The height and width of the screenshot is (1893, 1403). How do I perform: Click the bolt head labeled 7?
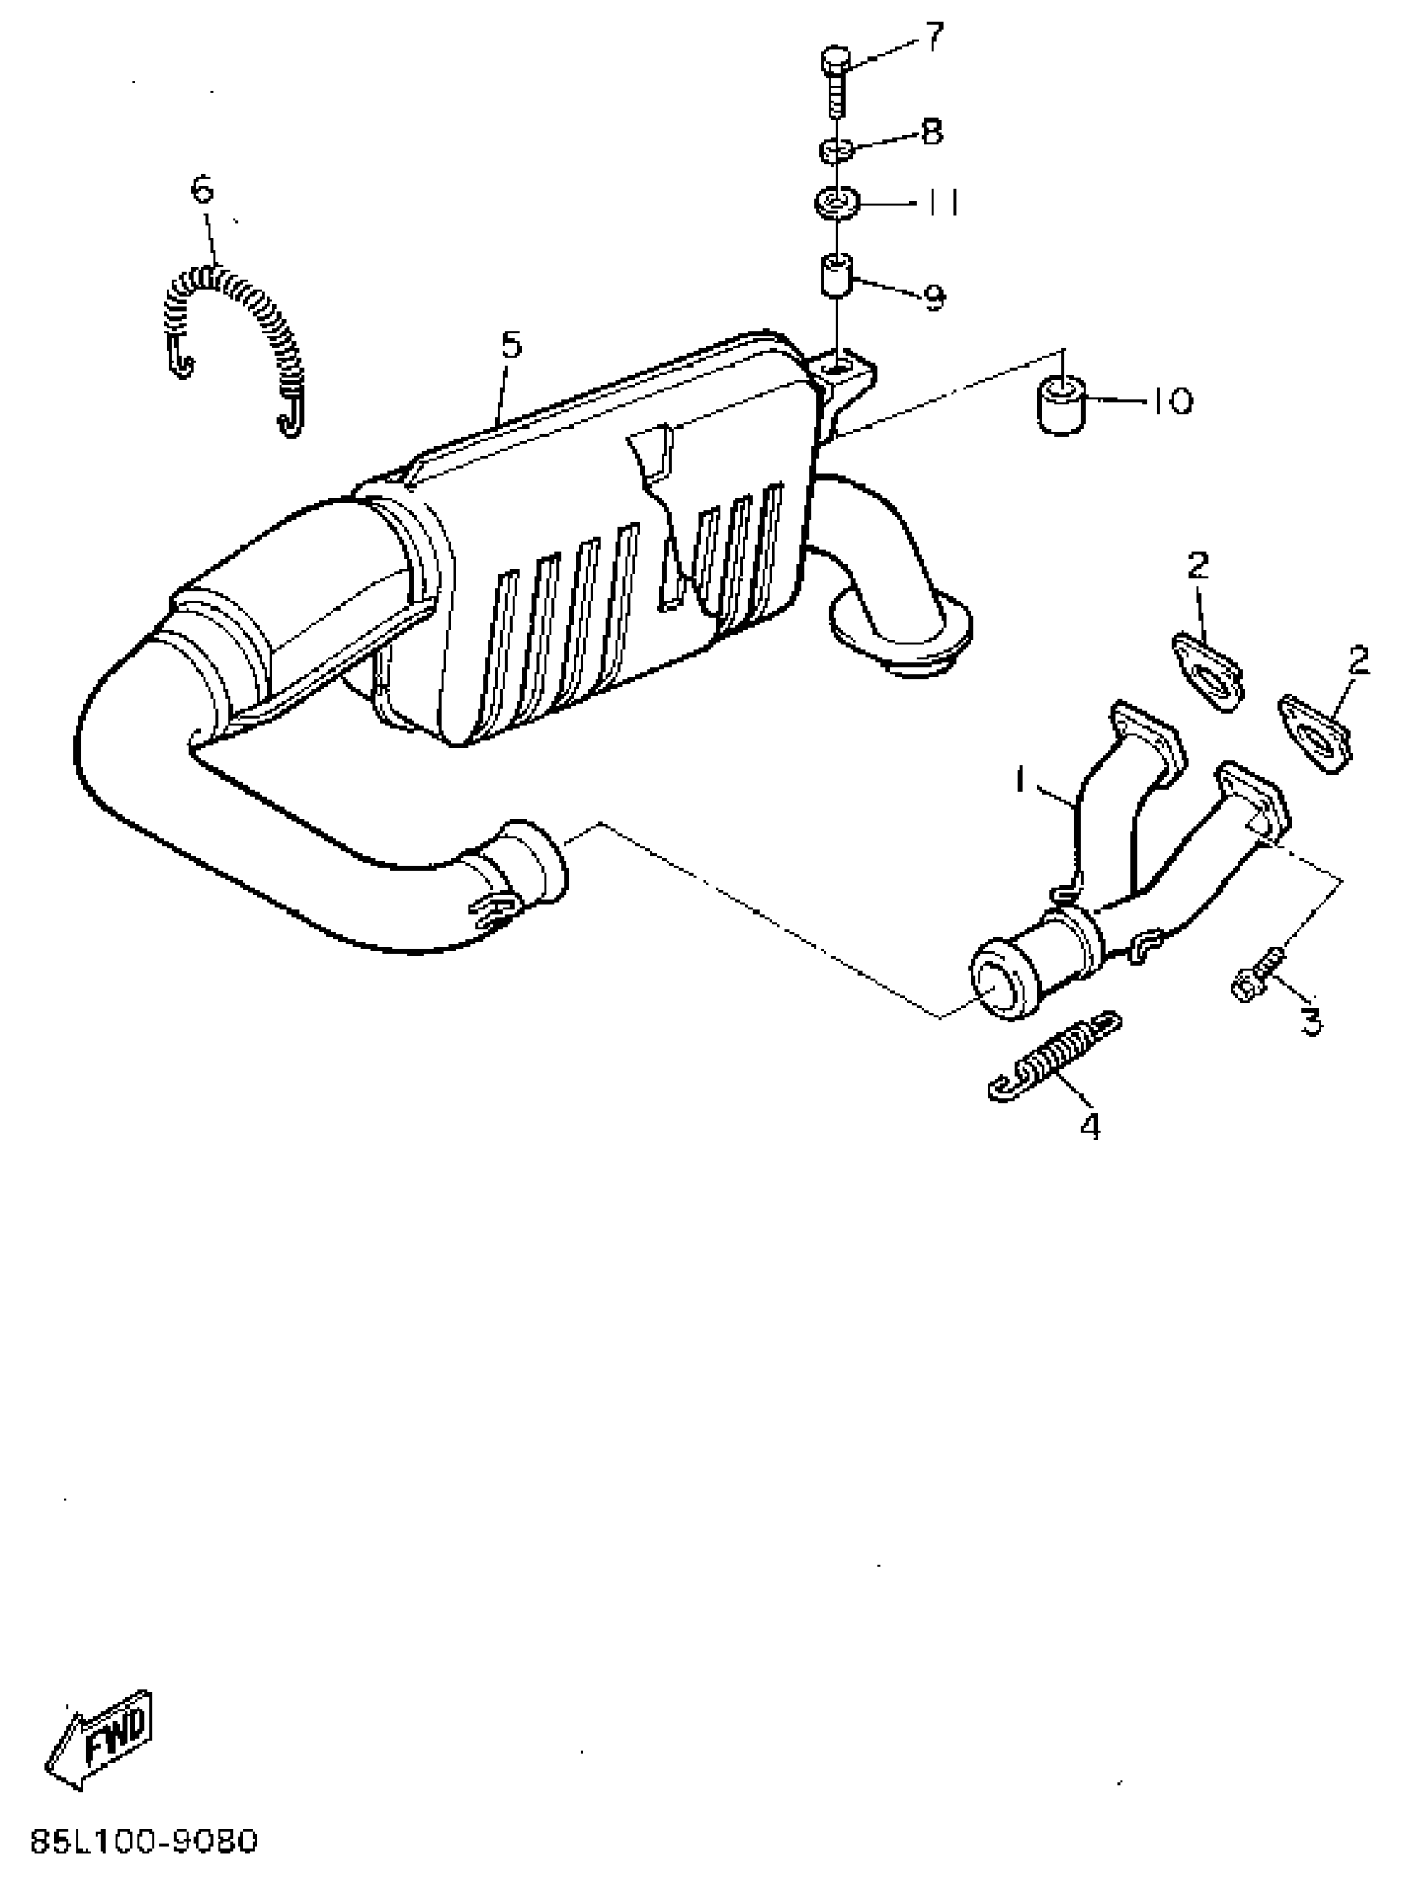(x=835, y=60)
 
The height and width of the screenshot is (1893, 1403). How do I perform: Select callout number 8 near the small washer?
(x=932, y=132)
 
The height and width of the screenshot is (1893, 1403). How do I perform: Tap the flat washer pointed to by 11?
(x=837, y=204)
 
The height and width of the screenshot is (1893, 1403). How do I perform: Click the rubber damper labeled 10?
(x=1060, y=408)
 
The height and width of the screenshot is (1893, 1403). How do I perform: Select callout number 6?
(x=202, y=190)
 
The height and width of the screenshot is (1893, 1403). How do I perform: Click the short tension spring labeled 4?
(x=1056, y=1056)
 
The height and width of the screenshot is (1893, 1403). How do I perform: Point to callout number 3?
(x=1312, y=1022)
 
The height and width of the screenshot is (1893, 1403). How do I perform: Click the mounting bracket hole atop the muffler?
(x=838, y=367)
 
